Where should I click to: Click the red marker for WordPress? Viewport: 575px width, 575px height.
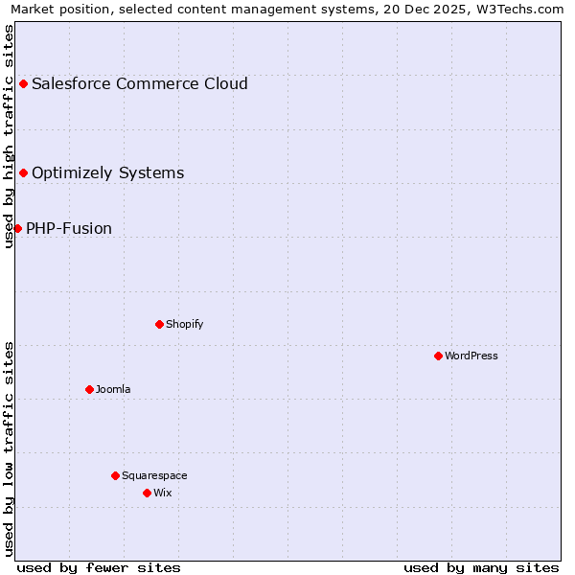[x=438, y=356]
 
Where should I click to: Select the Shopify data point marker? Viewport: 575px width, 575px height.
[x=159, y=324]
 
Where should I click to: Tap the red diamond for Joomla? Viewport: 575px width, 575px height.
[x=89, y=389]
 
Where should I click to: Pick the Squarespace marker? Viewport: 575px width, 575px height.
[x=115, y=475]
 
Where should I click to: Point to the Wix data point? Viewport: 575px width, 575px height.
[x=147, y=493]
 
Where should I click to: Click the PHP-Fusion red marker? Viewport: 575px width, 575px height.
[x=17, y=228]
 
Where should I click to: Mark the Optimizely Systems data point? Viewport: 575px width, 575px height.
[x=23, y=172]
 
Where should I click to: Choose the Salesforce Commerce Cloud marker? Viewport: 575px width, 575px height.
[x=23, y=83]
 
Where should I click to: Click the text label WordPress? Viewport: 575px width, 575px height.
[x=471, y=356]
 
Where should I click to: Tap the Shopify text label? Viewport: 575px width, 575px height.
[x=185, y=324]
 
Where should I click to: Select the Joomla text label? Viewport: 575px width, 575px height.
[x=113, y=389]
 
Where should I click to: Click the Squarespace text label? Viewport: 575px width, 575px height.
[x=154, y=475]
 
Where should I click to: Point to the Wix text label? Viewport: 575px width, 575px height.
[x=163, y=493]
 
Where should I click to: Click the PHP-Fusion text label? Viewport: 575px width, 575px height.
[x=69, y=228]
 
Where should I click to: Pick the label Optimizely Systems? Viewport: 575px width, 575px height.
[x=107, y=172]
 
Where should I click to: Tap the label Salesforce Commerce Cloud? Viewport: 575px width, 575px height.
[x=140, y=83]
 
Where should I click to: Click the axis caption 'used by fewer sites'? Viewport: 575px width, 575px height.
[x=99, y=567]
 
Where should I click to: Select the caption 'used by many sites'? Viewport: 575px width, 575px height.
[x=481, y=567]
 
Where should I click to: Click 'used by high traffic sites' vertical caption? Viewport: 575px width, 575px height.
[x=9, y=136]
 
